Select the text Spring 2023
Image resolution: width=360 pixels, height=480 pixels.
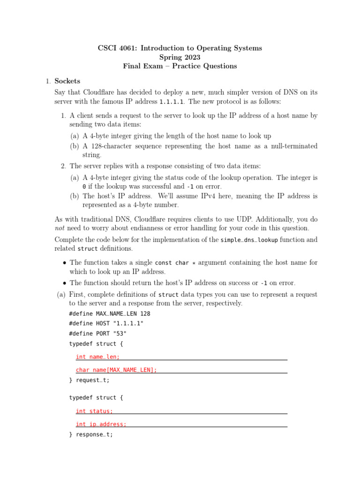(180, 57)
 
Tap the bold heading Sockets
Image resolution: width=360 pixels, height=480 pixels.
(67, 81)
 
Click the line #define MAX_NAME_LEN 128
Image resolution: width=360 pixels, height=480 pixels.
(109, 314)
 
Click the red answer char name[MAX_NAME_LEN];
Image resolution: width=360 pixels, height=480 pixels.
(116, 370)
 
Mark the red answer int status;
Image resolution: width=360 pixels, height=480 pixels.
(94, 411)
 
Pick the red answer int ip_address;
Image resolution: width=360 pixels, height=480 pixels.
(101, 424)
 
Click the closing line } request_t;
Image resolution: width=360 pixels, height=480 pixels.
(89, 380)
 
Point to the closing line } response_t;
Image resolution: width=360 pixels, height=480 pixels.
(91, 435)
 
